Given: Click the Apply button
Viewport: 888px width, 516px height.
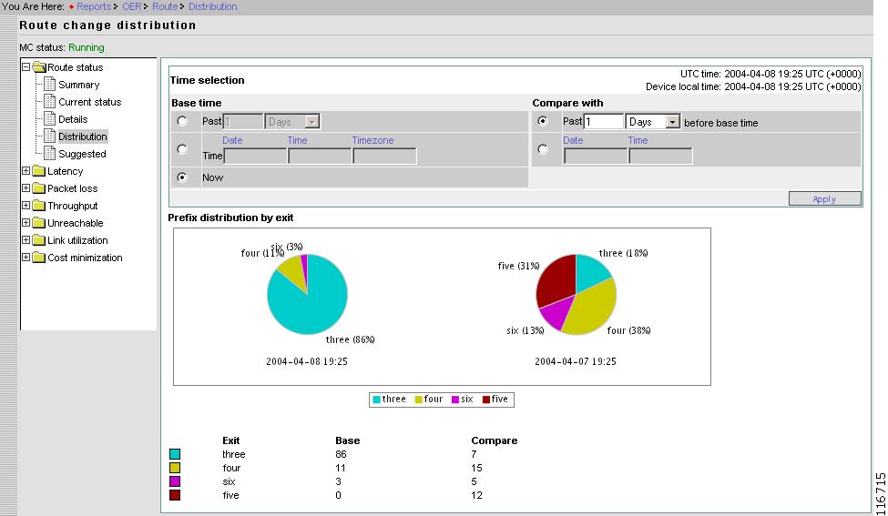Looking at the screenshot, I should (824, 198).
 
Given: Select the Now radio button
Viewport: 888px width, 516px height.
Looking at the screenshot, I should (182, 177).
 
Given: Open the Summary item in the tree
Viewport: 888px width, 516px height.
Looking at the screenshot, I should (78, 85).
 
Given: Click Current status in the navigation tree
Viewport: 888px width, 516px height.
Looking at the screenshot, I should (89, 102).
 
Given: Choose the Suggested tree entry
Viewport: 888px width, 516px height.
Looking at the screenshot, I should (82, 154).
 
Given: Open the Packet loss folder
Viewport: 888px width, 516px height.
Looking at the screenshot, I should (72, 188).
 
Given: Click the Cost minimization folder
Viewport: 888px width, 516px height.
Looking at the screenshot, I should (84, 258).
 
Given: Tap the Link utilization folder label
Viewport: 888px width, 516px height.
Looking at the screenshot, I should (77, 240).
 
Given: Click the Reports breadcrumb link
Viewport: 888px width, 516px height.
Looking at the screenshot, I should (94, 6).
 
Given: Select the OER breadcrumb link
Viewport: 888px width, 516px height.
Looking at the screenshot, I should (132, 6).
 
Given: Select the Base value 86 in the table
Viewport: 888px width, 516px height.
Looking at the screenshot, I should (342, 454).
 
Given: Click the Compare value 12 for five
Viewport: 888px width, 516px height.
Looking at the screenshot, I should (476, 495).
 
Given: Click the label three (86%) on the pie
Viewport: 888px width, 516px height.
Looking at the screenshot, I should (350, 339).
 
